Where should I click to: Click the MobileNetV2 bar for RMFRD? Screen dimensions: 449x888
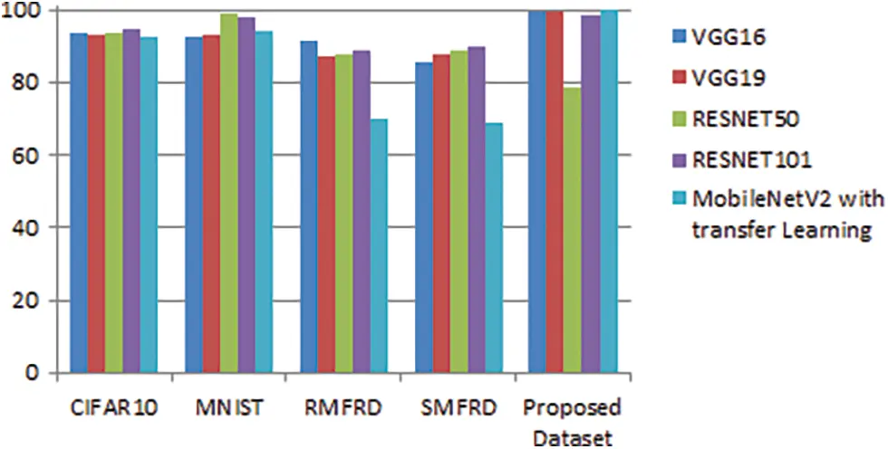tap(378, 245)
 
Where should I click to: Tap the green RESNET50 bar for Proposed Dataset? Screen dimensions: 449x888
tap(573, 230)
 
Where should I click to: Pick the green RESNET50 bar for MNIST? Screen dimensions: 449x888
tap(228, 193)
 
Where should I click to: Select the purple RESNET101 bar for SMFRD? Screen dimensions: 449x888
tap(476, 209)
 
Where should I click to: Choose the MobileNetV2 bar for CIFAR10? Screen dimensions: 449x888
tap(149, 205)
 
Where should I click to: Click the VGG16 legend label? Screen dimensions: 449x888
tap(729, 38)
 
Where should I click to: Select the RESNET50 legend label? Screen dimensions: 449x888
tap(747, 119)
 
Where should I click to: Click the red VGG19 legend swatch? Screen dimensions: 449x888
tap(676, 79)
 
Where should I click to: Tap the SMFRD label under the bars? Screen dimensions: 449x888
tap(458, 407)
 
